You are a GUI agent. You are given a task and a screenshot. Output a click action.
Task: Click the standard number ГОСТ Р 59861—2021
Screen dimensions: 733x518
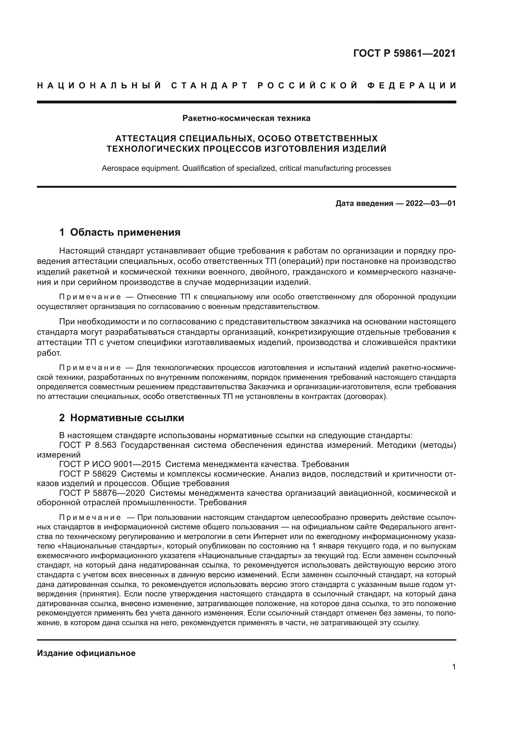[x=404, y=53]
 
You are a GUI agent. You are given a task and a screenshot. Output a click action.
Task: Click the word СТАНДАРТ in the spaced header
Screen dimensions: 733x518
[x=210, y=86]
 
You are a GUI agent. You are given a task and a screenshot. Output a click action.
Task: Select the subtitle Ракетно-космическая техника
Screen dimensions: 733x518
[x=246, y=118]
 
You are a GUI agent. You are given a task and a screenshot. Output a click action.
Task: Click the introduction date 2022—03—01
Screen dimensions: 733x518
[x=431, y=203]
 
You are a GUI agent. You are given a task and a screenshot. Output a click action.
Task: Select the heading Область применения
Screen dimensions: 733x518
[x=125, y=232]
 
